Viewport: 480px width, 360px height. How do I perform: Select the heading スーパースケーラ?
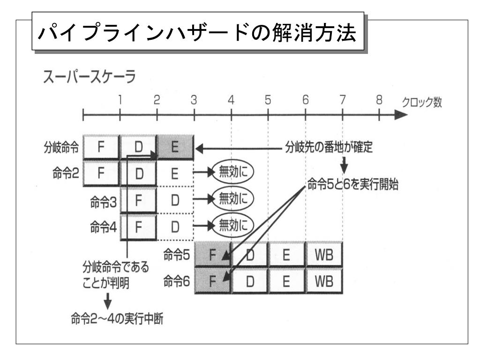pyautogui.click(x=90, y=76)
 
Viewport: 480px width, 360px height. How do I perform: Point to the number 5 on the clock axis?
pyautogui.click(x=268, y=100)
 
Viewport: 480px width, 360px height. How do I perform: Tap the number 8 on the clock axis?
pyautogui.click(x=379, y=100)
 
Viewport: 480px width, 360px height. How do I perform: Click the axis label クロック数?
pyautogui.click(x=422, y=102)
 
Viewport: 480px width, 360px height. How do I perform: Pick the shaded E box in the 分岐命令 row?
pyautogui.click(x=175, y=147)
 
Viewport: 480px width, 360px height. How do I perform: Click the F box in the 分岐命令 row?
pyautogui.click(x=101, y=147)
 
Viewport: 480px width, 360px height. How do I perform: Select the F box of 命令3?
pyautogui.click(x=138, y=201)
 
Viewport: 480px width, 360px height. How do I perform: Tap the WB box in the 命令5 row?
pyautogui.click(x=324, y=255)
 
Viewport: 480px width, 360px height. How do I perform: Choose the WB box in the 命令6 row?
pyautogui.click(x=324, y=281)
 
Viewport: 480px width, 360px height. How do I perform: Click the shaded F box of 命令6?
pyautogui.click(x=213, y=281)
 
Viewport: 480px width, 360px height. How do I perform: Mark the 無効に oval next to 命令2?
pyautogui.click(x=233, y=172)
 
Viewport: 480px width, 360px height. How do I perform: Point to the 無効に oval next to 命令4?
pyautogui.click(x=233, y=226)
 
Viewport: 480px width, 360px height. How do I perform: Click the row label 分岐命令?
pyautogui.click(x=61, y=147)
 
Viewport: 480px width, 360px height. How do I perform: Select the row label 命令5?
pyautogui.click(x=177, y=255)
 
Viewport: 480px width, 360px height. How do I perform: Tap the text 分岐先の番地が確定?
pyautogui.click(x=329, y=147)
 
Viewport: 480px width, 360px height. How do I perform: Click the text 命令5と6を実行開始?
pyautogui.click(x=352, y=184)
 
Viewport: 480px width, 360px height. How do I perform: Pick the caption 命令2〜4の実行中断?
pyautogui.click(x=117, y=319)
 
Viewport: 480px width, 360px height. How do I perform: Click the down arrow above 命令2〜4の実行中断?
pyautogui.click(x=107, y=301)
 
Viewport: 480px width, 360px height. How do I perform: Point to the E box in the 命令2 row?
pyautogui.click(x=175, y=173)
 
